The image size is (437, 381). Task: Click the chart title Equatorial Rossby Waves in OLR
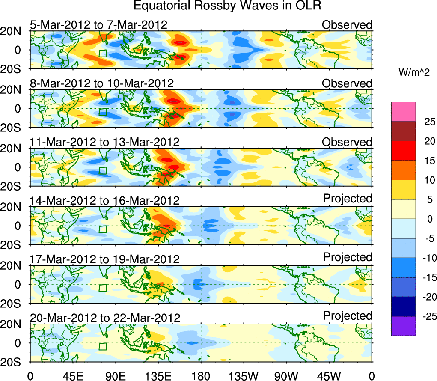click(227, 6)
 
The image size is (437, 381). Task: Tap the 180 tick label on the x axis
click(201, 375)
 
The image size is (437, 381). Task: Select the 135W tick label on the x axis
click(244, 375)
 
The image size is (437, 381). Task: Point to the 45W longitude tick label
click(329, 375)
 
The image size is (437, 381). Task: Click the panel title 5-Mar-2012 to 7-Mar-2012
click(98, 25)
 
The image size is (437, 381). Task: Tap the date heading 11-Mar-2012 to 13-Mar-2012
click(105, 142)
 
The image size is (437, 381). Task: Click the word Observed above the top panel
click(347, 25)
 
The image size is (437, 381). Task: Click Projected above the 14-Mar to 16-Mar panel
click(348, 199)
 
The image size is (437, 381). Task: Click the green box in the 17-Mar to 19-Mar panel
click(103, 288)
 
